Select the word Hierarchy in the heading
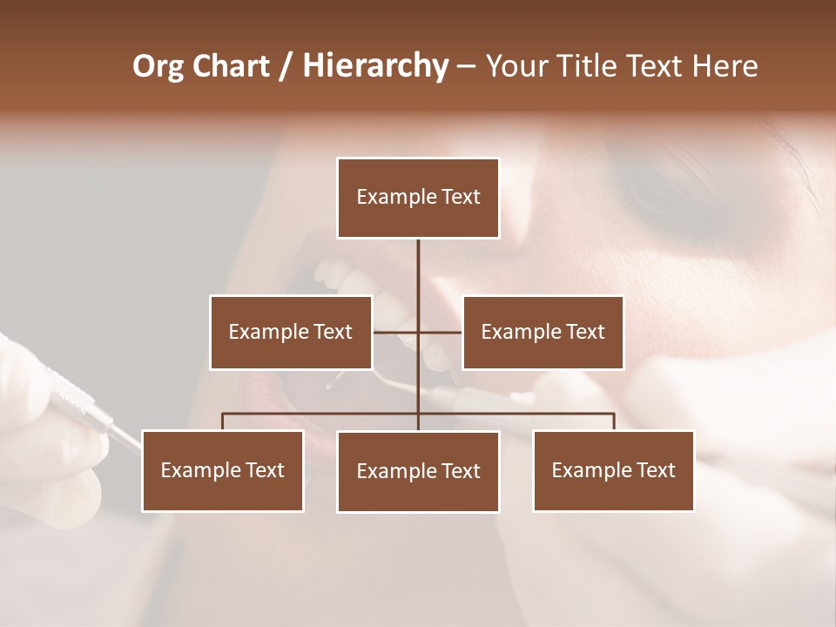pos(375,66)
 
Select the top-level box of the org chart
pos(418,198)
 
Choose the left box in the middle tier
pos(291,333)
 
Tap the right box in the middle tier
pos(543,333)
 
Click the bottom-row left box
pos(223,471)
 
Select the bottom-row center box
pos(418,472)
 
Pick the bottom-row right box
pos(613,471)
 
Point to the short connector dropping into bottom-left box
pos(223,421)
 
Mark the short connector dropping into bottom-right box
pos(614,421)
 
